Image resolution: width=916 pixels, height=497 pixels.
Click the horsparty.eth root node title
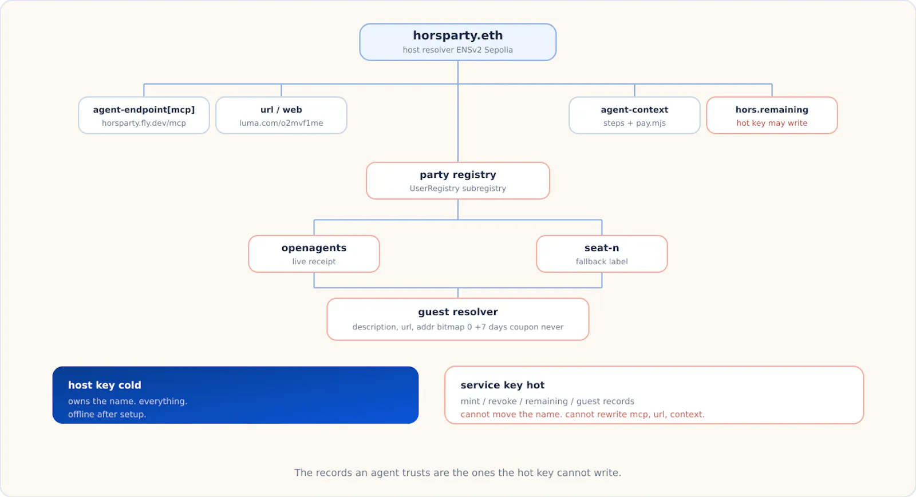pyautogui.click(x=457, y=35)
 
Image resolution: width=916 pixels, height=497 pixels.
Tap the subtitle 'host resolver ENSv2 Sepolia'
pyautogui.click(x=457, y=50)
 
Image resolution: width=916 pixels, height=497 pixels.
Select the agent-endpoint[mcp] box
pyautogui.click(x=144, y=115)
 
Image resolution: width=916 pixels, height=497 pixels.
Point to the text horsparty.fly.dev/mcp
pyautogui.click(x=144, y=123)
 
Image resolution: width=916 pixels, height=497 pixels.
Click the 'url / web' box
pyautogui.click(x=281, y=115)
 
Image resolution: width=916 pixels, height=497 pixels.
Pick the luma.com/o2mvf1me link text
pyautogui.click(x=281, y=123)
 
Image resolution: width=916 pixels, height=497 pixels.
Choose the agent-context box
pyautogui.click(x=635, y=115)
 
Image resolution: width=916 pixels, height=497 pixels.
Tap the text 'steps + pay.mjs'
pyautogui.click(x=635, y=123)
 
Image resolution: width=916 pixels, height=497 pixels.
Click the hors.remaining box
pyautogui.click(x=772, y=115)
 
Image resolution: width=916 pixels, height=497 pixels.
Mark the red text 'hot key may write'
pyautogui.click(x=772, y=123)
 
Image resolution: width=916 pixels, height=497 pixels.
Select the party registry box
pyautogui.click(x=458, y=181)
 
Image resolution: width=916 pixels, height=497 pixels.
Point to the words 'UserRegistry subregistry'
pyautogui.click(x=458, y=188)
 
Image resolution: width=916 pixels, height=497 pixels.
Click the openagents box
pyautogui.click(x=314, y=253)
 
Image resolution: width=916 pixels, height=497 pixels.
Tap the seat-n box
pyautogui.click(x=602, y=253)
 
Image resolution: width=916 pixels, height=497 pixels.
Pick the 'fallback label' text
pyautogui.click(x=602, y=261)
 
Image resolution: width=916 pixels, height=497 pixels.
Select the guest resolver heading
pyautogui.click(x=458, y=312)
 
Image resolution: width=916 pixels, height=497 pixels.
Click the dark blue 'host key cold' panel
pyautogui.click(x=235, y=395)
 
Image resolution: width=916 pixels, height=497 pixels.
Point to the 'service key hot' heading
pyautogui.click(x=503, y=385)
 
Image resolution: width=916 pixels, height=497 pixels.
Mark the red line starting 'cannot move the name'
pyautogui.click(x=582, y=414)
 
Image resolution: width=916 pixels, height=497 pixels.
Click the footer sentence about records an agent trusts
pyautogui.click(x=457, y=472)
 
